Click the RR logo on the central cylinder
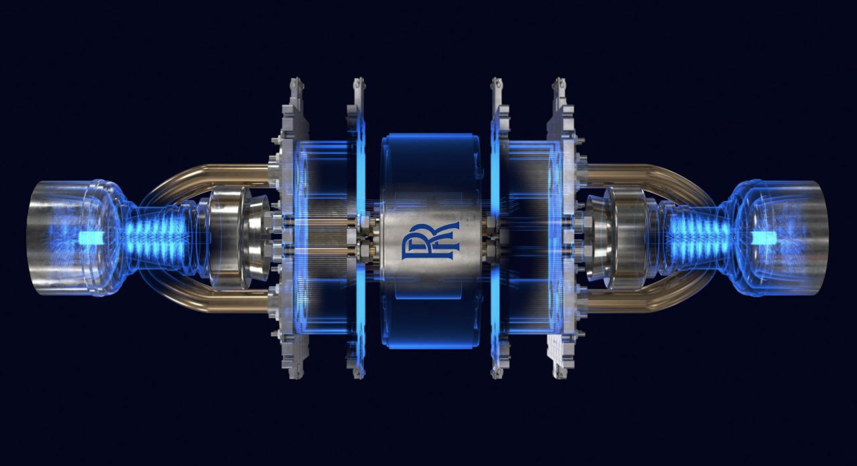pyautogui.click(x=430, y=241)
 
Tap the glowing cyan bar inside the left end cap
pyautogui.click(x=90, y=239)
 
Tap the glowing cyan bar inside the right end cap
pyautogui.click(x=764, y=238)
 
